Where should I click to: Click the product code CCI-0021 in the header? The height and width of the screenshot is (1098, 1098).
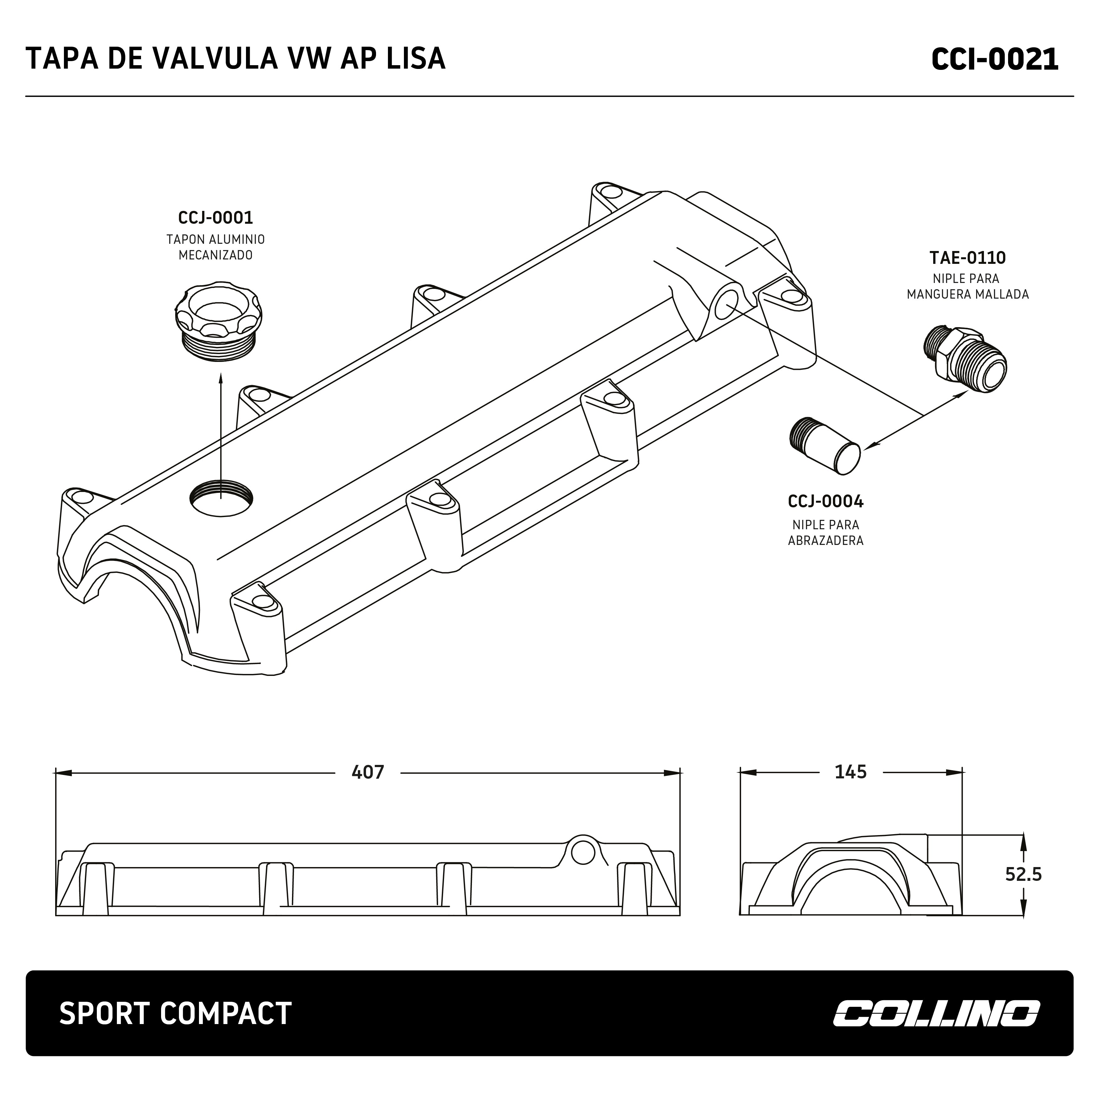pos(995,59)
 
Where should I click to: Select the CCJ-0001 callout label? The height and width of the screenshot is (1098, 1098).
pos(215,218)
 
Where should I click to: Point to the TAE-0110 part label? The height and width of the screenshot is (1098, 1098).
pos(967,258)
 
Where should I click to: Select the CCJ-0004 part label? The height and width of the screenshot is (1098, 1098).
pos(825,501)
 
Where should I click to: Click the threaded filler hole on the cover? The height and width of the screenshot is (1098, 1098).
pos(221,498)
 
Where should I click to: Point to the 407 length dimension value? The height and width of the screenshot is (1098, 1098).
pos(368,772)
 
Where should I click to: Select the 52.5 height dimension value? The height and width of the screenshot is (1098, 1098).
pos(1023,874)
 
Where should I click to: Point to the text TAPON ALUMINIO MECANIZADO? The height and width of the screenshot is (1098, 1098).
pos(215,247)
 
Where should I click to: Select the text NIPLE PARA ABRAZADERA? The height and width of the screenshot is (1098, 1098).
pos(825,532)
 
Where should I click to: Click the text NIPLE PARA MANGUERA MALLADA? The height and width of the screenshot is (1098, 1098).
pos(967,286)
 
